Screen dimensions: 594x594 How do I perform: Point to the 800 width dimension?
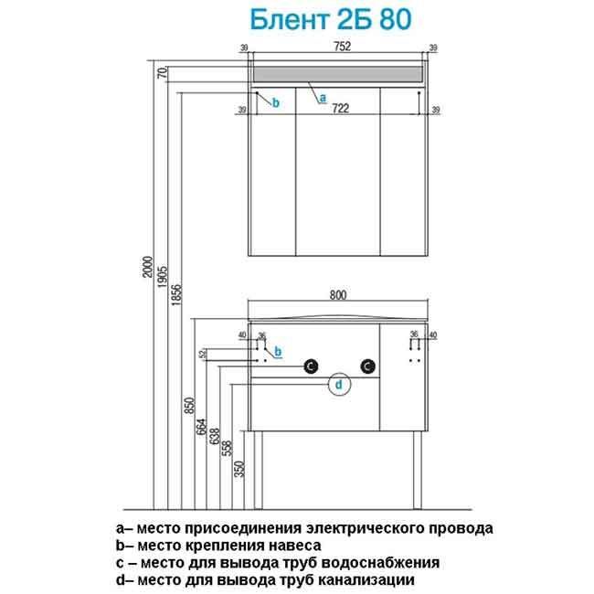(339, 295)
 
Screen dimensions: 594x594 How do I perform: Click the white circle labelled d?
(338, 387)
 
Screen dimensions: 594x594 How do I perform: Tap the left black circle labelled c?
(310, 366)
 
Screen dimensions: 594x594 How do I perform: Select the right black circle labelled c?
(367, 366)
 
